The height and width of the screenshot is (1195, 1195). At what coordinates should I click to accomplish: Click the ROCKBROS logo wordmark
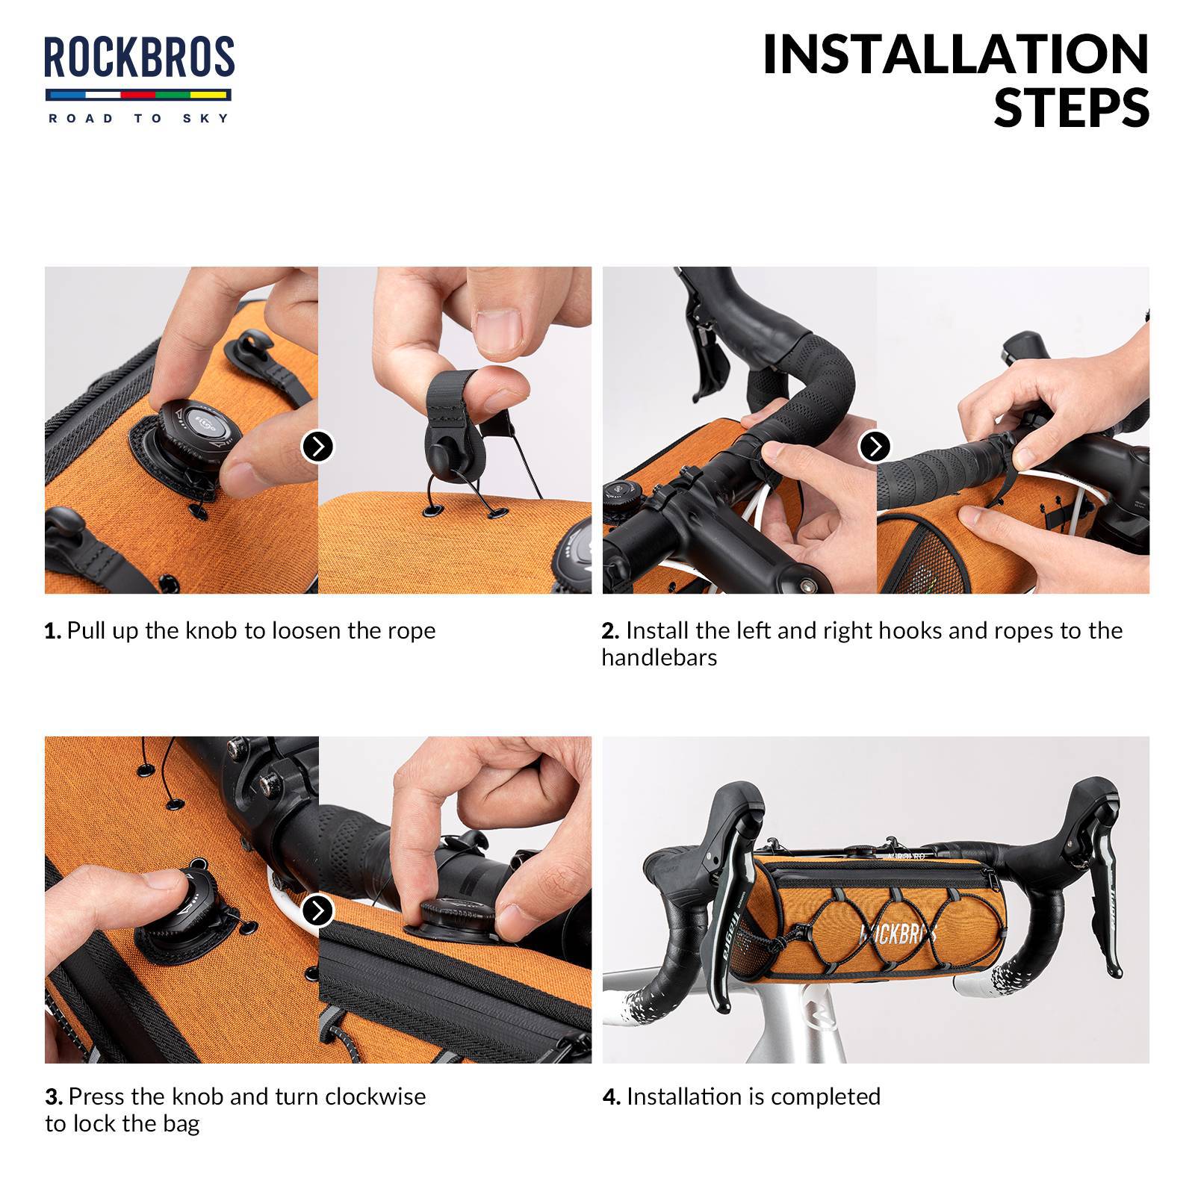tap(139, 58)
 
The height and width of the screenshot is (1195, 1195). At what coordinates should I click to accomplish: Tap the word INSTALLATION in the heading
tap(955, 55)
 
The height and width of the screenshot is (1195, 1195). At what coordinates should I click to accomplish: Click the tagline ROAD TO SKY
tap(139, 118)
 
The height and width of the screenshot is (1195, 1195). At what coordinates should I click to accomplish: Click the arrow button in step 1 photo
tap(317, 447)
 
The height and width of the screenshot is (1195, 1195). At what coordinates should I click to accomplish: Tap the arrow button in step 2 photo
tap(875, 447)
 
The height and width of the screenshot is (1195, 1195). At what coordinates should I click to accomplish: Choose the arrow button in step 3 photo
tap(317, 911)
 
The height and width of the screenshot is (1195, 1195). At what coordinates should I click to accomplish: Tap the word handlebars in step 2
tap(659, 658)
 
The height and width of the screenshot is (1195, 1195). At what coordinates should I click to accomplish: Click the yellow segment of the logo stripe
tap(209, 95)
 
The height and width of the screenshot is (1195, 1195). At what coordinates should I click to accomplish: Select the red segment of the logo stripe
tap(137, 95)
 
